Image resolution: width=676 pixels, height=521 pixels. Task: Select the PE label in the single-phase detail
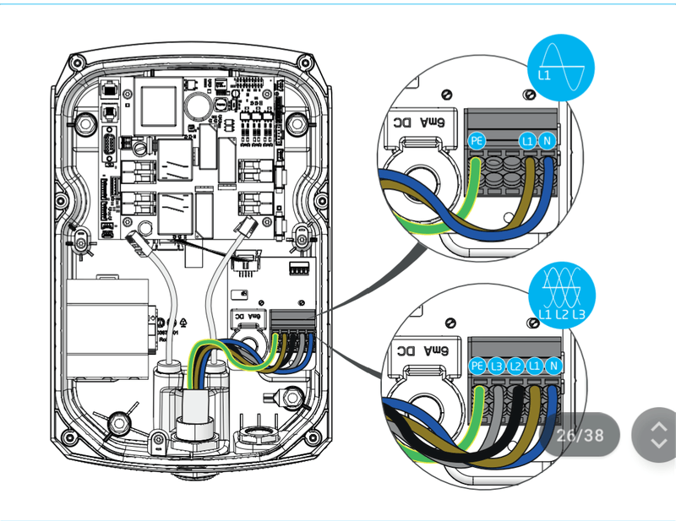tap(477, 141)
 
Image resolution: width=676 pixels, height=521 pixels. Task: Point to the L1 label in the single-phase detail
tap(528, 141)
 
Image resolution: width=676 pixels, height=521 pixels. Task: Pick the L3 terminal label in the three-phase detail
tap(497, 366)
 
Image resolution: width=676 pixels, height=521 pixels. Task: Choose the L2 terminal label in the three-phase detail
tap(515, 366)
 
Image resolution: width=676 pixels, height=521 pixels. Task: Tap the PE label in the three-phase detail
tap(477, 366)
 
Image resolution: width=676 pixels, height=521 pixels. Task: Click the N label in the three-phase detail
tap(553, 366)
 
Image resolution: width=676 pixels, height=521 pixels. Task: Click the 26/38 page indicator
tap(580, 435)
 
